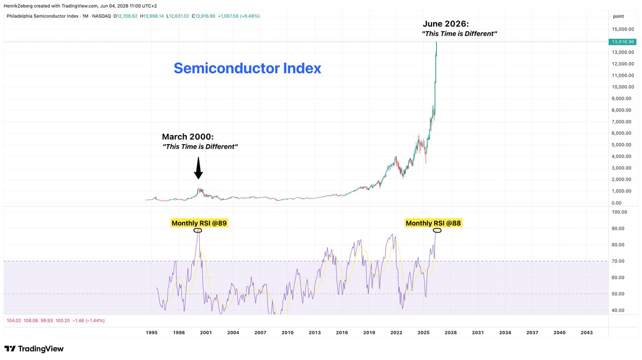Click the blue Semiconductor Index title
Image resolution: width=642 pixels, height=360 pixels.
point(247,68)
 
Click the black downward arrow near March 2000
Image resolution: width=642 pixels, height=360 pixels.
point(198,168)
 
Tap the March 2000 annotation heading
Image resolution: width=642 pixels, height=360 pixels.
point(187,137)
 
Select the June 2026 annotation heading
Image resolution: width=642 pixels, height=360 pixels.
point(445,24)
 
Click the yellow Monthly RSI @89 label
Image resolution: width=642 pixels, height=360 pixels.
point(199,223)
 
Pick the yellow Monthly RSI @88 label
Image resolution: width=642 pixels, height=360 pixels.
point(433,223)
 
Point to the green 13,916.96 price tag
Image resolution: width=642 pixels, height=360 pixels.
point(622,42)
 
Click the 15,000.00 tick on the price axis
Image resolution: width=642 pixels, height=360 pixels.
point(623,29)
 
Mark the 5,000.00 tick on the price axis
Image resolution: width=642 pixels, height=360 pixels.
point(623,145)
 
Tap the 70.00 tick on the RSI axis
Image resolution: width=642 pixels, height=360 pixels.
point(618,261)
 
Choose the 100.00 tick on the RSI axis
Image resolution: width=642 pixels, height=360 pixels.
point(619,212)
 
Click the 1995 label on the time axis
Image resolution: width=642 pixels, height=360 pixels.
point(152,333)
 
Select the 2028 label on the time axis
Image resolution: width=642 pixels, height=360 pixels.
point(450,333)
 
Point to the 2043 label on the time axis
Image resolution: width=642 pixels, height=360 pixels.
point(586,333)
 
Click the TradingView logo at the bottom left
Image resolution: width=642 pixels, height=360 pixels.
point(34,349)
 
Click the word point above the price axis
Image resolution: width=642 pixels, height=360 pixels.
point(618,17)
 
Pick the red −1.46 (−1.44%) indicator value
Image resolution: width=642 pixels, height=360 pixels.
point(88,321)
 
